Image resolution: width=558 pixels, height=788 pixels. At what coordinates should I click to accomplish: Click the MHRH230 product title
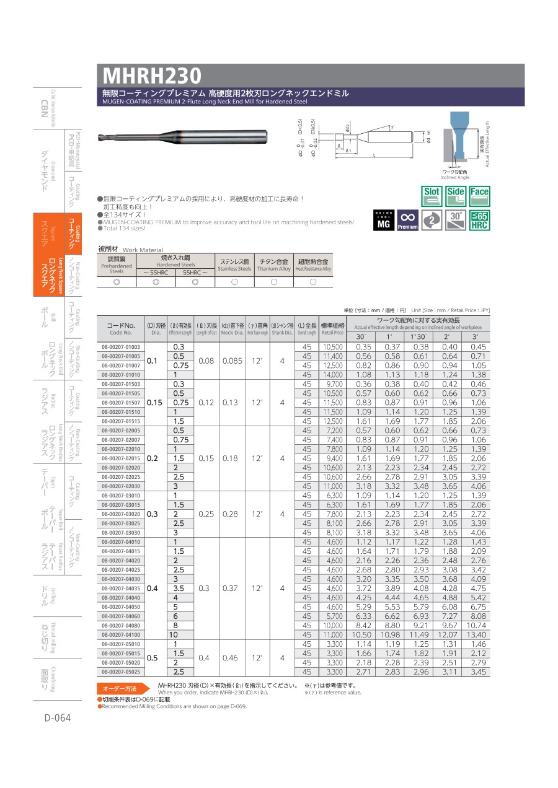(153, 76)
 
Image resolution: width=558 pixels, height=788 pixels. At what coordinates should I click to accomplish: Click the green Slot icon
(432, 196)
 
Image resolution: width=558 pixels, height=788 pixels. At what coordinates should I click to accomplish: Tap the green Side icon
(456, 196)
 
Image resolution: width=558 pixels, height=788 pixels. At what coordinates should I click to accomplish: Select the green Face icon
(479, 196)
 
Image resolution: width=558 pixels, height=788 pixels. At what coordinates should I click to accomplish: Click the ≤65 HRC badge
(479, 220)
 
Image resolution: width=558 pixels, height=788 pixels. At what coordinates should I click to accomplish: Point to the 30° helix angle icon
(456, 220)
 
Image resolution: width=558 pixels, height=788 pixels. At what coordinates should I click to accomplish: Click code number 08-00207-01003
(121, 347)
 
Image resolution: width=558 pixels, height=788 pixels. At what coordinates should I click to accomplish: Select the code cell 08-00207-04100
(121, 635)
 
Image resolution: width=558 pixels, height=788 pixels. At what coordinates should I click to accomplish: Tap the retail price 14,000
(333, 375)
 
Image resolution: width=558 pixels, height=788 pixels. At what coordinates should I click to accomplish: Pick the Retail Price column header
(333, 328)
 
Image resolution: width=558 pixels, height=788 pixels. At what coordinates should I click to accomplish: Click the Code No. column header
(121, 328)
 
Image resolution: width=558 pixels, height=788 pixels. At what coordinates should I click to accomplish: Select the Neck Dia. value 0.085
(230, 361)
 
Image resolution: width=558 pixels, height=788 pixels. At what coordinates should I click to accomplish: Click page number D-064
(57, 718)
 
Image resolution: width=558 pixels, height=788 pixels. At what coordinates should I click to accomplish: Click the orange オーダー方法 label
(123, 688)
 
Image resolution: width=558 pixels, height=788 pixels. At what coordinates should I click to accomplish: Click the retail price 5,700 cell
(333, 616)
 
